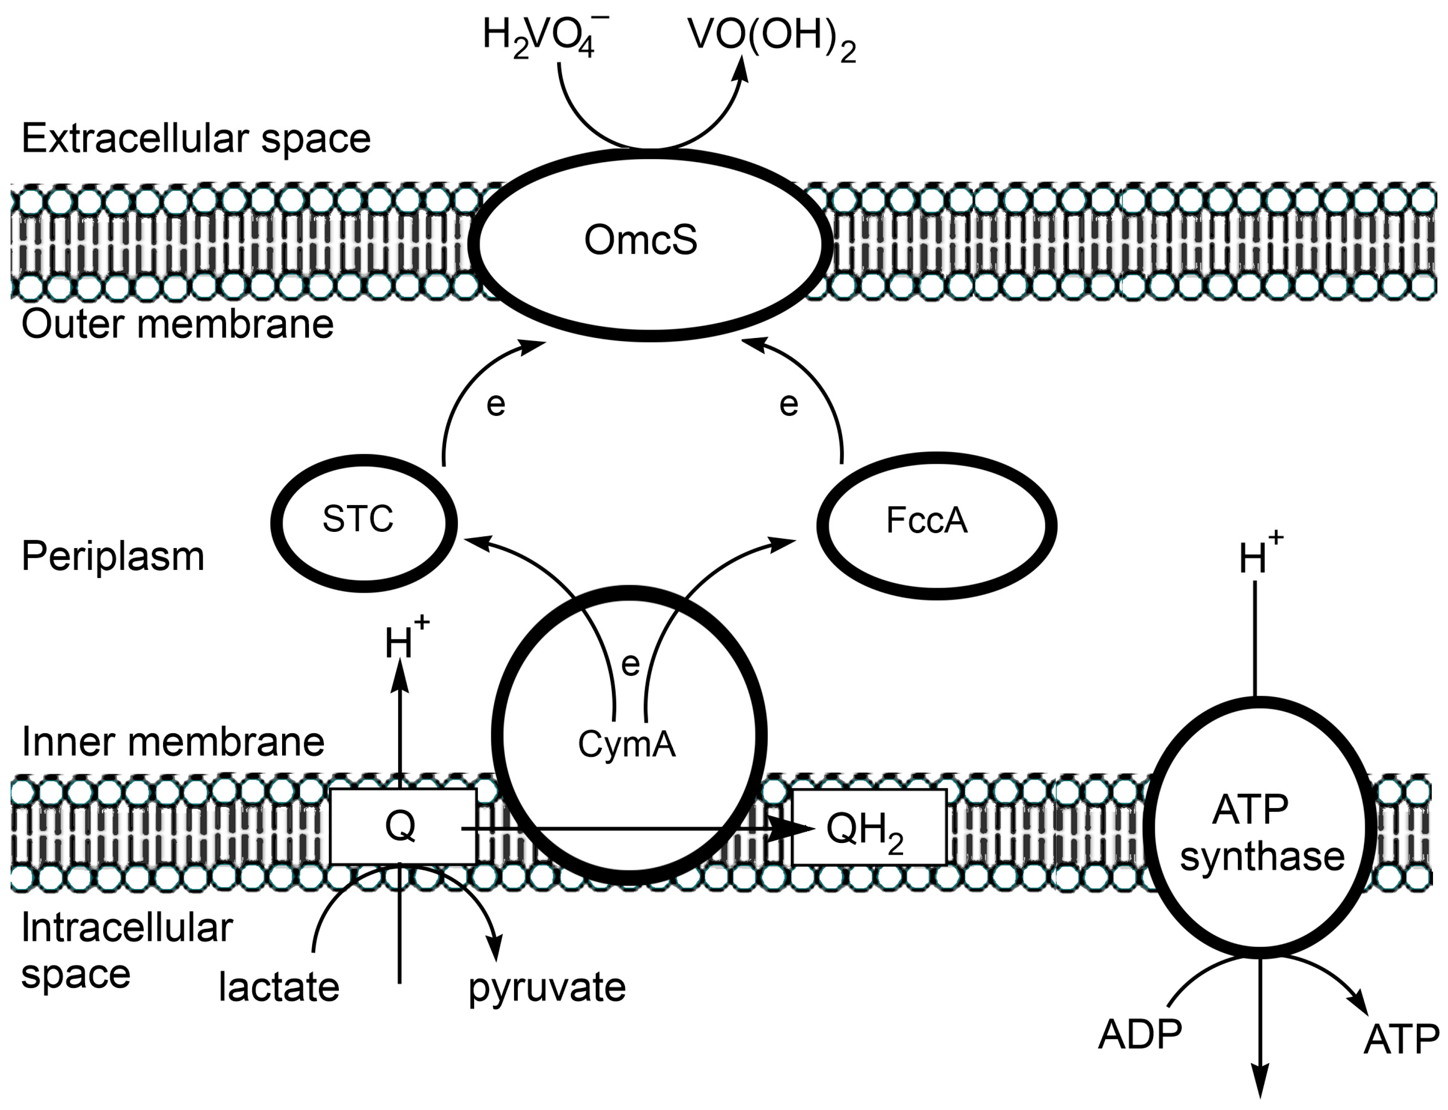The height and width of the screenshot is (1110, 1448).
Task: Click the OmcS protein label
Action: click(x=640, y=239)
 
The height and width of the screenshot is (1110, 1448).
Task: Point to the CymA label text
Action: click(x=626, y=744)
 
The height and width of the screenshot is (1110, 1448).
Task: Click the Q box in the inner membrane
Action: click(x=402, y=826)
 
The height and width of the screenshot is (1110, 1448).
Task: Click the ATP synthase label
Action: click(x=1261, y=832)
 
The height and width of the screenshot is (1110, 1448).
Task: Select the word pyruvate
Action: click(x=547, y=988)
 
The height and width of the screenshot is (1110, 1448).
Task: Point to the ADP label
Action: click(x=1140, y=1035)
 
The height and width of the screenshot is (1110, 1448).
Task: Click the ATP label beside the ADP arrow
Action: click(x=1401, y=1039)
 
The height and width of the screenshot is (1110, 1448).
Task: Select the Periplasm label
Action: click(x=113, y=556)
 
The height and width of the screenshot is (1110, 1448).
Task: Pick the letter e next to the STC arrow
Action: click(x=495, y=404)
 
